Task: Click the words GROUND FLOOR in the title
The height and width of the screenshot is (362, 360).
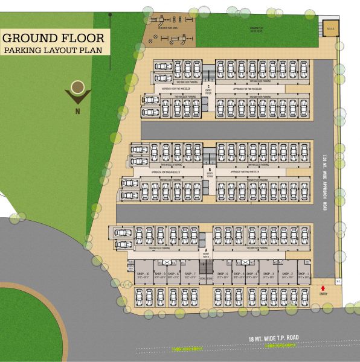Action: point(54,38)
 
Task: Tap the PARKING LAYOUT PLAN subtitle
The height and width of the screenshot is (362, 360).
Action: point(54,51)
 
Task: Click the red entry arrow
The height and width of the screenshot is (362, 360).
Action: point(323,287)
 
